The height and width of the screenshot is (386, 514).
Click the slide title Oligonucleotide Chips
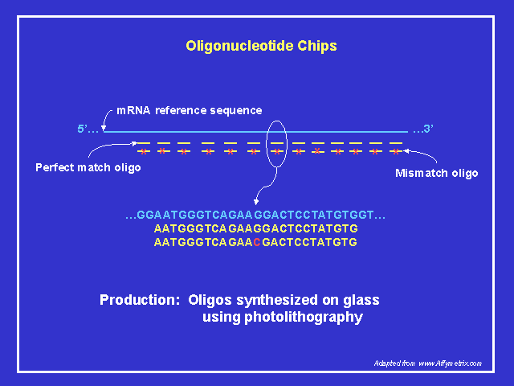pos(261,46)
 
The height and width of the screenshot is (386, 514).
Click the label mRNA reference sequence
pos(190,110)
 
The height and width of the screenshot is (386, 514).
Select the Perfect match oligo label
pos(88,167)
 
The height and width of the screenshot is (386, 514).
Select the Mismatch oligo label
pos(437,173)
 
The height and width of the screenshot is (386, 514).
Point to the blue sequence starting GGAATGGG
pos(255,216)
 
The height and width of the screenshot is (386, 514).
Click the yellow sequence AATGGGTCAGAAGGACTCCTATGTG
pos(255,229)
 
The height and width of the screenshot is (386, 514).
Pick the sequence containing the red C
pos(255,242)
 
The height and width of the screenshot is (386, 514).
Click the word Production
pos(139,300)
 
